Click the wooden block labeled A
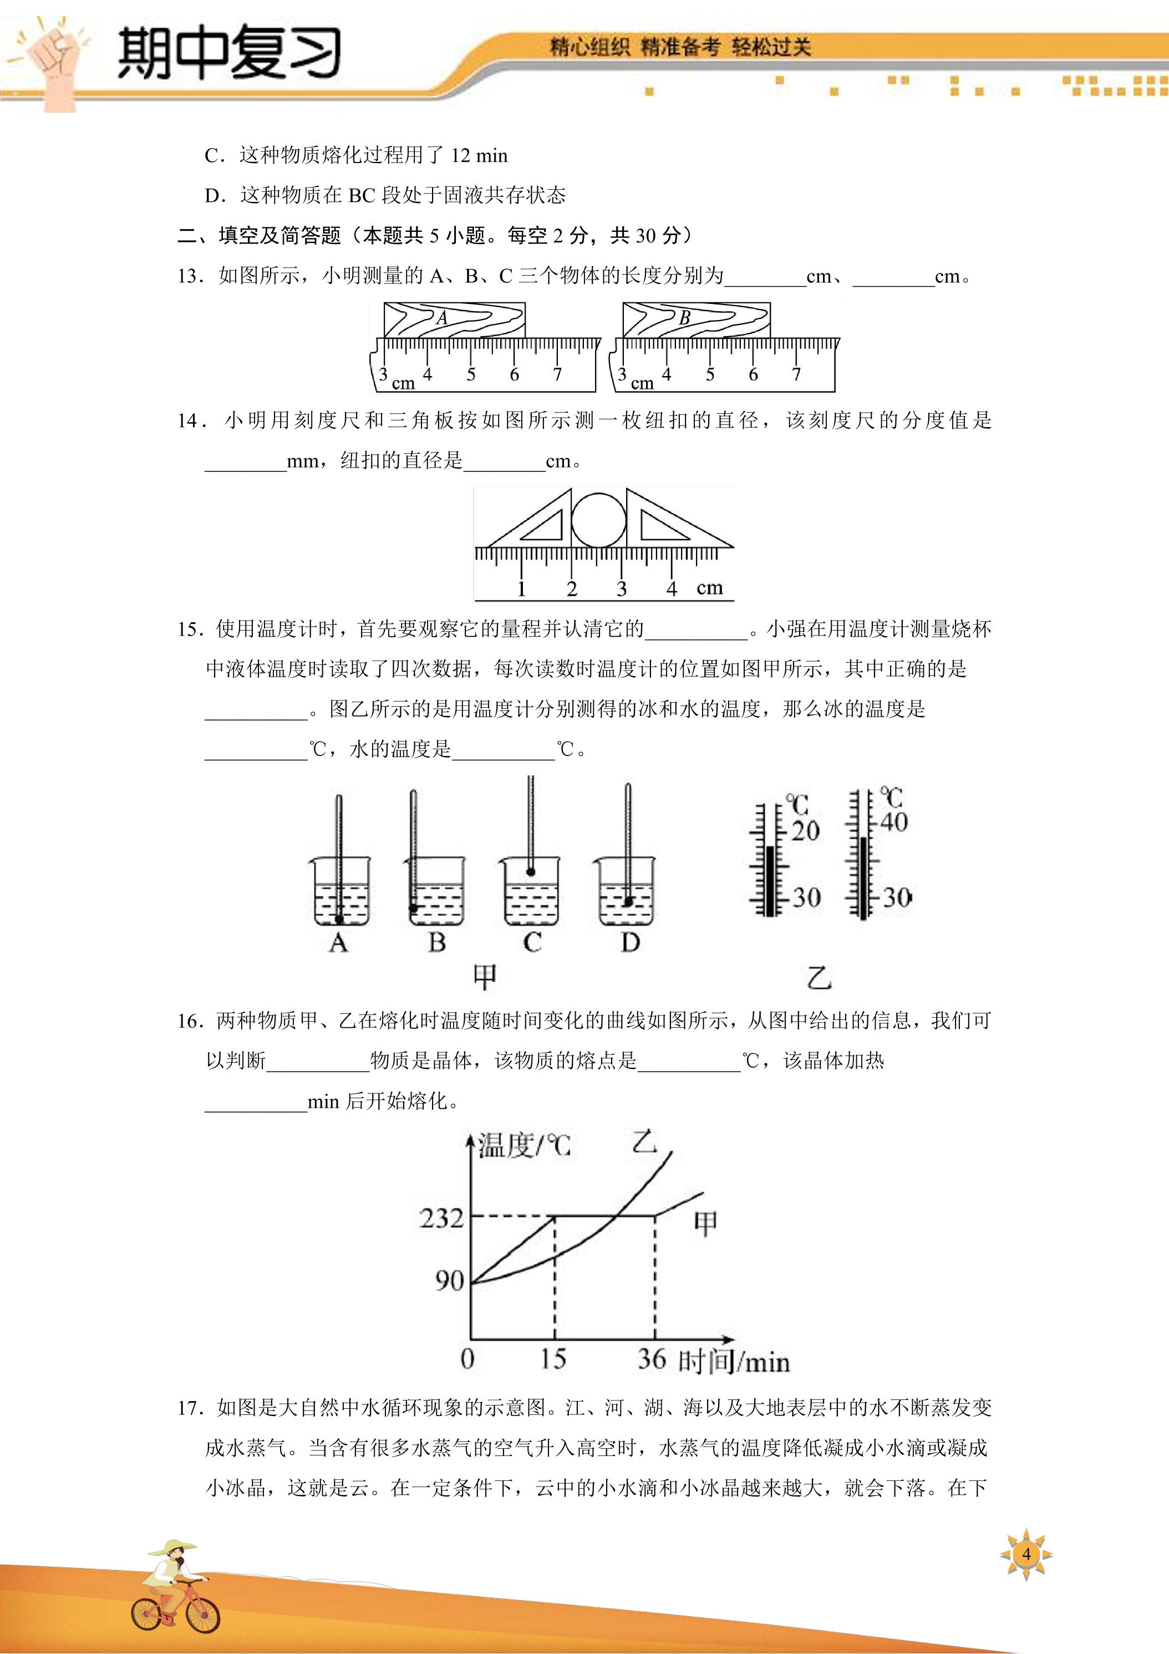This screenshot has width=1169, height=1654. (454, 320)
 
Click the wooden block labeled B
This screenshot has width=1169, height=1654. (696, 320)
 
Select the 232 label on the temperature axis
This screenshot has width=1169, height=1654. (441, 1218)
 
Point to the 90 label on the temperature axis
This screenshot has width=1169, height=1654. (449, 1280)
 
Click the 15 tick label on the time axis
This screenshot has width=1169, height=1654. (553, 1358)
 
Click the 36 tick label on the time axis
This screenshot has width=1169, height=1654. (652, 1358)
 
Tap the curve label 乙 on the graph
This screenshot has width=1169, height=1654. (644, 1143)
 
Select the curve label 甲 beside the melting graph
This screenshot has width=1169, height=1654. (706, 1222)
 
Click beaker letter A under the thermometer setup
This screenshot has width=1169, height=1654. (338, 942)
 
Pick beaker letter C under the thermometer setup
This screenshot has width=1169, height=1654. (532, 942)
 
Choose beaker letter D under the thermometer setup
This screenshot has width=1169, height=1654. (630, 942)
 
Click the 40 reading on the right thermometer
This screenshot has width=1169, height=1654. (893, 822)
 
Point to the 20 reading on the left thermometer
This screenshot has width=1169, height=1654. (805, 830)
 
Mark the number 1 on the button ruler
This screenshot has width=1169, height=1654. (521, 588)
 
